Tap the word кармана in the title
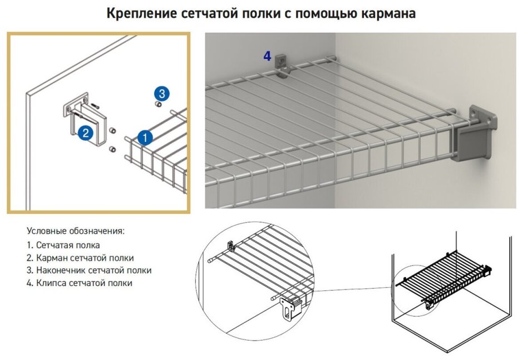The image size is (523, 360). click(388, 13)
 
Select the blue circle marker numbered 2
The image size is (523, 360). click(85, 132)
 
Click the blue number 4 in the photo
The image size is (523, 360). click(267, 56)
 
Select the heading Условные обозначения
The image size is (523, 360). click(76, 231)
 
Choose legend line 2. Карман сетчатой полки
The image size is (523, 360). click(80, 258)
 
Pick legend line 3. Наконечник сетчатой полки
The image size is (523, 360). click(89, 270)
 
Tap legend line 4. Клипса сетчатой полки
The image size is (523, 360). click(79, 283)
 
